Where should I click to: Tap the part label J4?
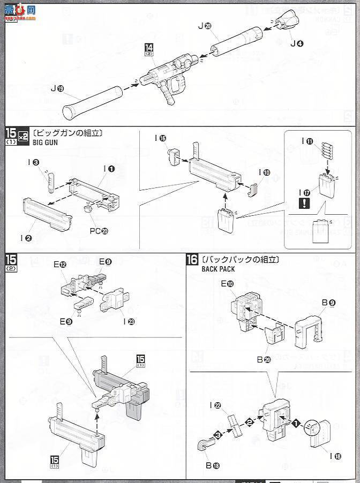(x=297, y=43)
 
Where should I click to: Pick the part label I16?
(x=160, y=138)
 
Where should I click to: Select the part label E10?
(x=227, y=284)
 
